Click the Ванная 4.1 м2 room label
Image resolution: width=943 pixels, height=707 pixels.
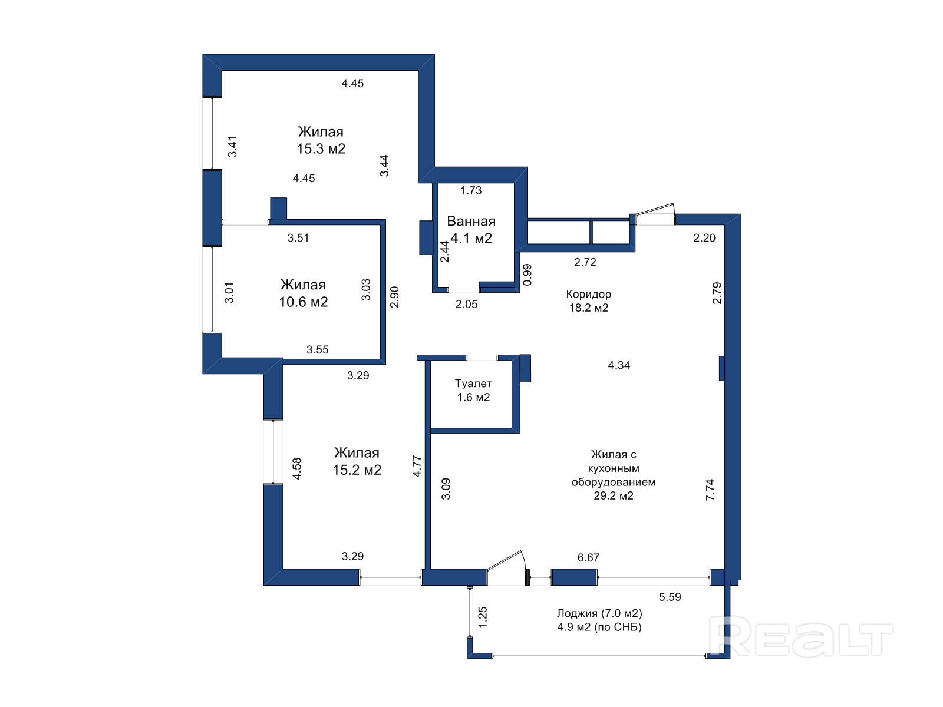[471, 230]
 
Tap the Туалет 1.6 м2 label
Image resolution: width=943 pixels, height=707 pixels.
[473, 390]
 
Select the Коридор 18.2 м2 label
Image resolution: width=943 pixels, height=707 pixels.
[589, 300]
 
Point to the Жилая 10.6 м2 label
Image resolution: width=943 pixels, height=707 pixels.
[304, 293]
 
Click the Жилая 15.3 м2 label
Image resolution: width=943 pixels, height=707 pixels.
[321, 140]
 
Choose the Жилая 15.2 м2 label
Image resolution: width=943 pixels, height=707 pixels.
[357, 461]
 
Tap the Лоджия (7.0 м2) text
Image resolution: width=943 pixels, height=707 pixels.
[599, 613]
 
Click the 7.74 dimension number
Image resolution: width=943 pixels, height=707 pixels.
[710, 490]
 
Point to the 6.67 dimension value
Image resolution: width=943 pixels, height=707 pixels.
[588, 557]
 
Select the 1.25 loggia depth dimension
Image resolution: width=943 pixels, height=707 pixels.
[483, 617]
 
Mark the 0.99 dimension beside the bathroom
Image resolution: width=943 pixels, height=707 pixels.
[527, 275]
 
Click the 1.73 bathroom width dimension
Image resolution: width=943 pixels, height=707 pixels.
[471, 190]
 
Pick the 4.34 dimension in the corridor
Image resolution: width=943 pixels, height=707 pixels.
[619, 365]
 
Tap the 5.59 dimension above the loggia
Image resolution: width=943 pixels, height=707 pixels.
[670, 597]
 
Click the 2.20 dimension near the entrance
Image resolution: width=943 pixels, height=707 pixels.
[704, 238]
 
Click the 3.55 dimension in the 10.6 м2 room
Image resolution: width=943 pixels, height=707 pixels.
[317, 350]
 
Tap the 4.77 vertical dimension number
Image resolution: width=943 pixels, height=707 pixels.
[417, 466]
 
